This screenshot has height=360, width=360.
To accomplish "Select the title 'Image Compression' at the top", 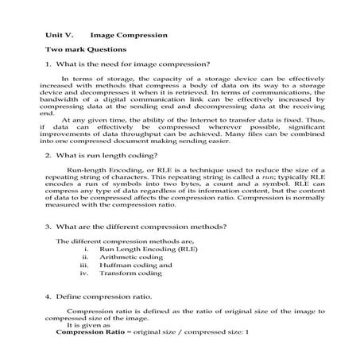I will pos(129,36).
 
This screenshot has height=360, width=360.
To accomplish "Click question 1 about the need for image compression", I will pos(127,64).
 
